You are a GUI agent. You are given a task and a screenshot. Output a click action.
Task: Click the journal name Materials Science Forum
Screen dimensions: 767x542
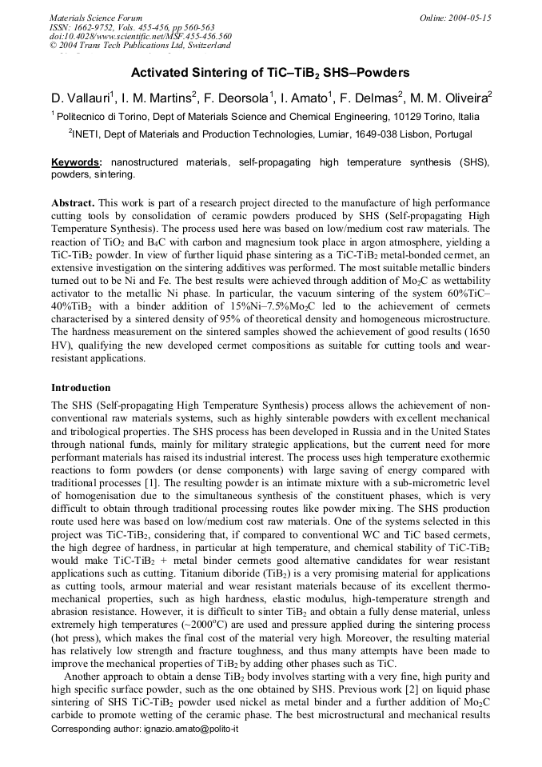click(96, 17)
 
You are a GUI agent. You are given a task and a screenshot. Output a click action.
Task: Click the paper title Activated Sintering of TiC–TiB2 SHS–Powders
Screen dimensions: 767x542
click(270, 72)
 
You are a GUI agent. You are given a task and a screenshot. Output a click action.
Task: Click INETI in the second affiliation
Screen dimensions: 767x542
click(87, 134)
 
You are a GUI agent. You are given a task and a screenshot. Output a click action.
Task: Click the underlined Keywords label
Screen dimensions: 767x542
click(77, 162)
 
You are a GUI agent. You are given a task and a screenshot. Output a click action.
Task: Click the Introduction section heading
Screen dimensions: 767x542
click(81, 388)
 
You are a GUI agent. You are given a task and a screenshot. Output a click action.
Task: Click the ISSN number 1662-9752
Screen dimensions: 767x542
click(94, 26)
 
